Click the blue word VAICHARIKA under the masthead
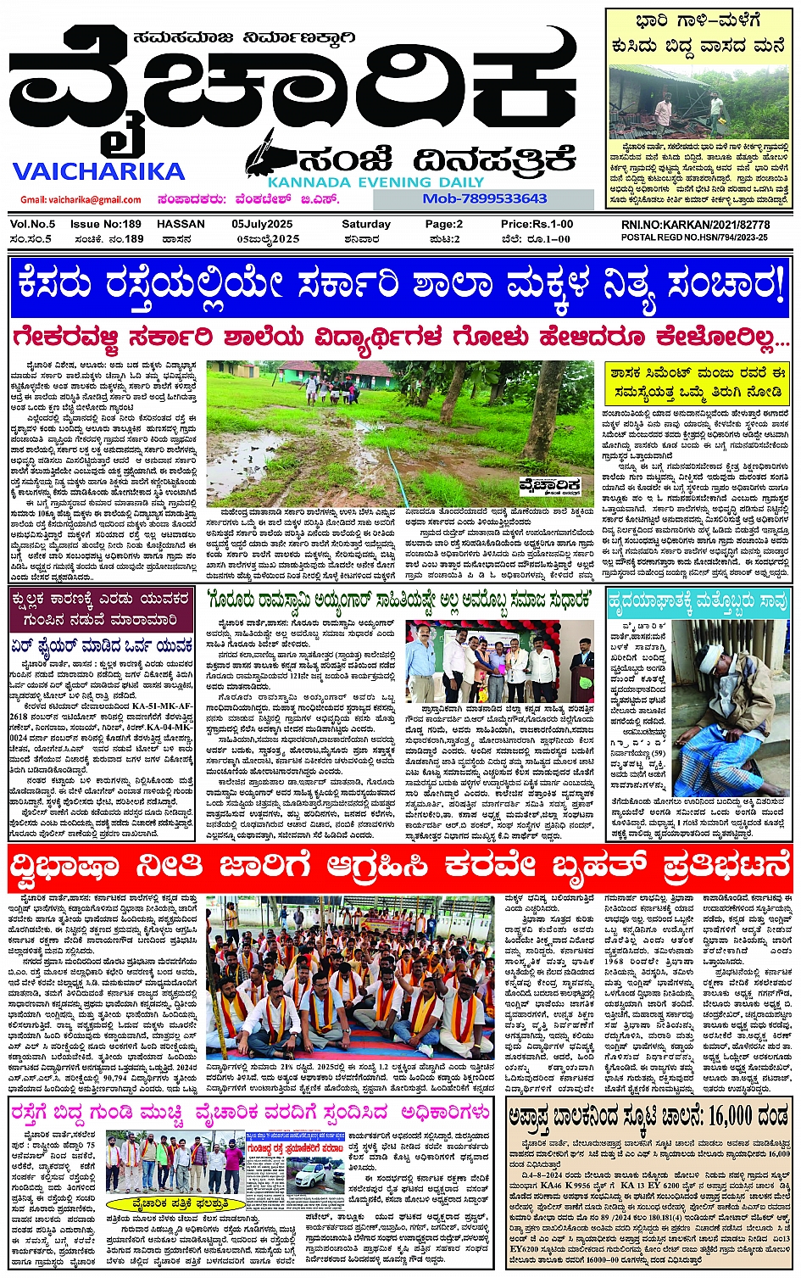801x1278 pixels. (98, 171)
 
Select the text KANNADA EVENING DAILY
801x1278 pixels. (375, 181)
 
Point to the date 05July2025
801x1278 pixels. (262, 225)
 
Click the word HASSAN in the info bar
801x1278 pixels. (181, 225)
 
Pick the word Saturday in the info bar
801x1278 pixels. (366, 225)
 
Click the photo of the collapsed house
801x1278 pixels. (699, 97)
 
